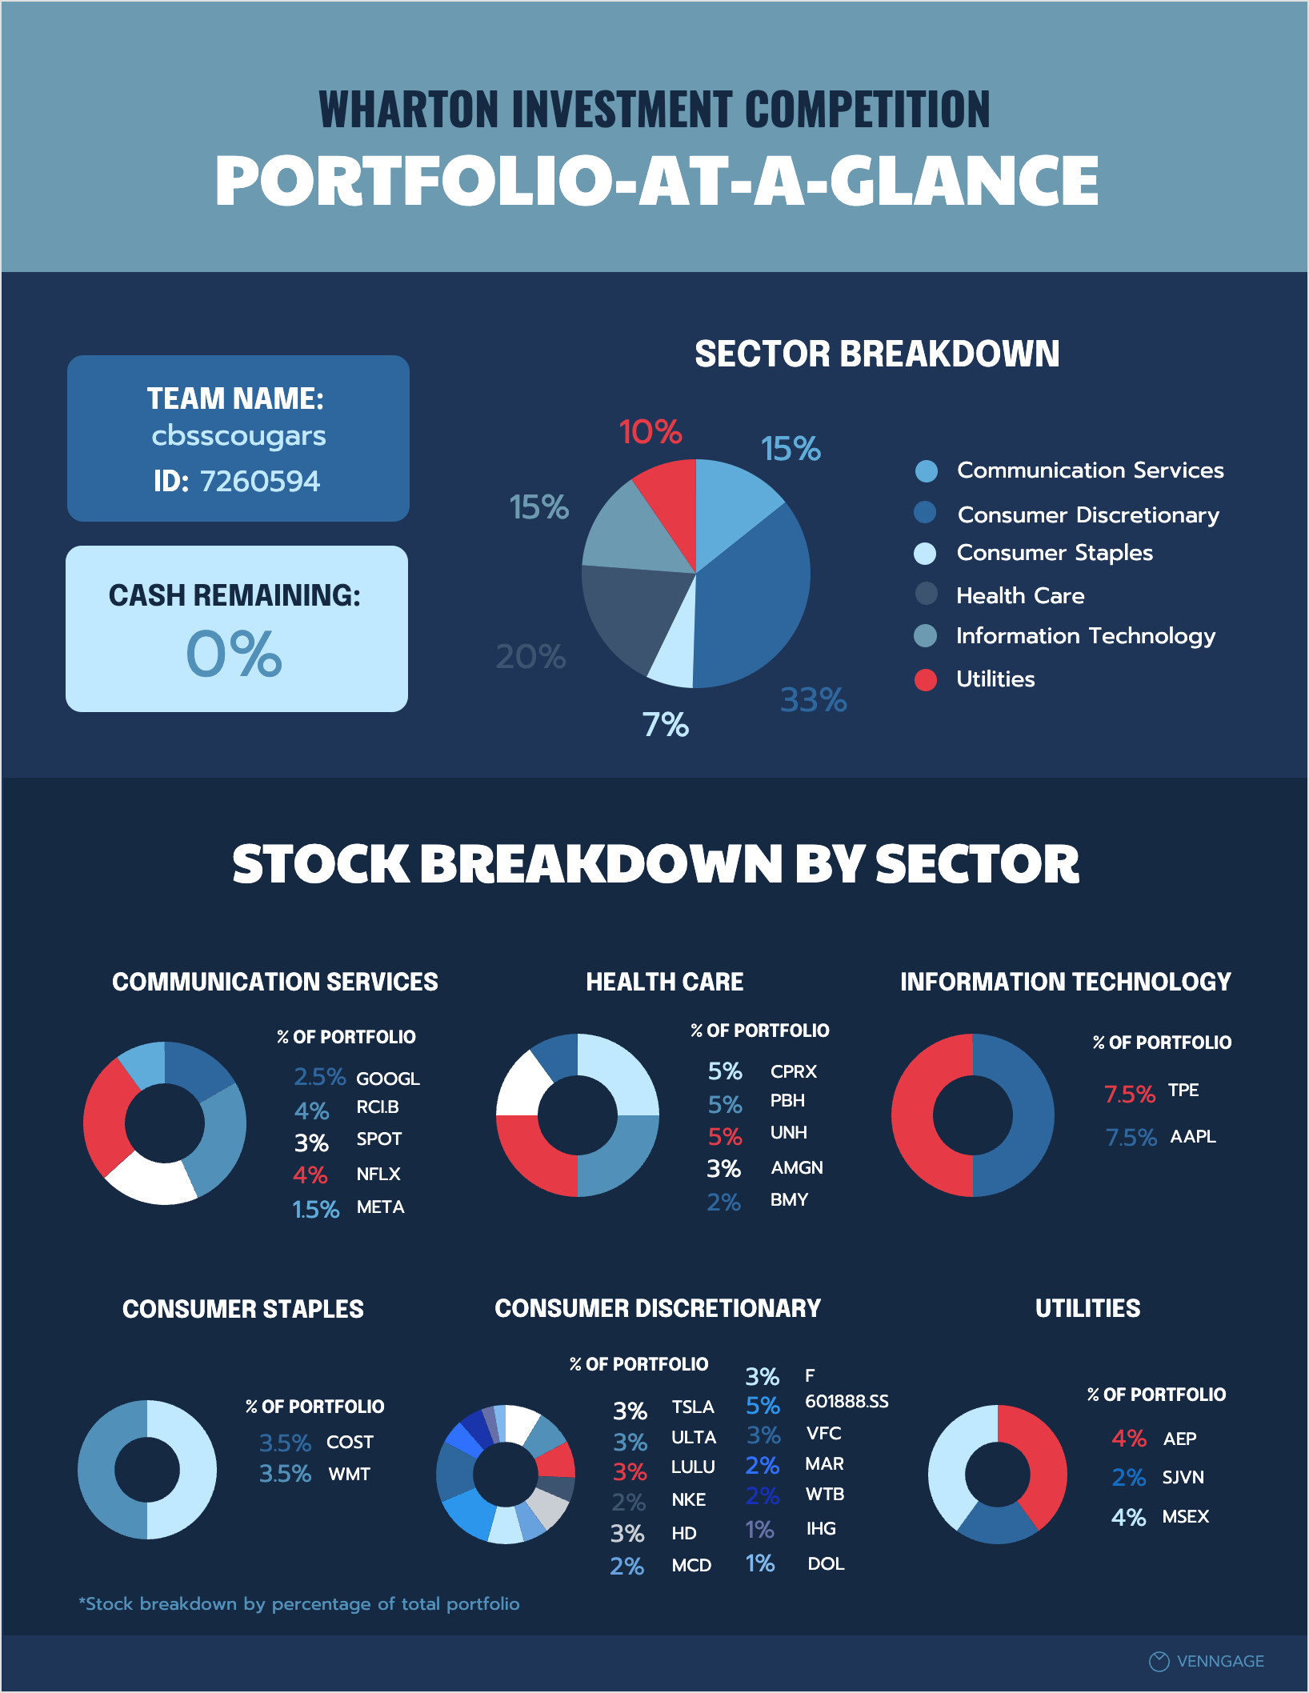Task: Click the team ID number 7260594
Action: point(259,481)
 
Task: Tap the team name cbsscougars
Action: point(238,436)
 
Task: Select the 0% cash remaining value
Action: point(234,654)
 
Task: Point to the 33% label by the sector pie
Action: point(813,700)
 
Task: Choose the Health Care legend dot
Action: point(926,594)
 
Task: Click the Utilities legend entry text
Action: point(995,679)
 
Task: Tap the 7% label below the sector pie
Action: point(665,725)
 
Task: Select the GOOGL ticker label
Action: point(387,1079)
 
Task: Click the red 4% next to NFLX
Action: point(310,1175)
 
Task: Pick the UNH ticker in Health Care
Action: point(788,1133)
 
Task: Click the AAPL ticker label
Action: point(1192,1136)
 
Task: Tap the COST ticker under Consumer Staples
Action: point(350,1442)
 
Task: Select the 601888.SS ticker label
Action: point(847,1402)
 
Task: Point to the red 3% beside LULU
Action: point(630,1471)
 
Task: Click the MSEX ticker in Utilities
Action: point(1185,1516)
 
